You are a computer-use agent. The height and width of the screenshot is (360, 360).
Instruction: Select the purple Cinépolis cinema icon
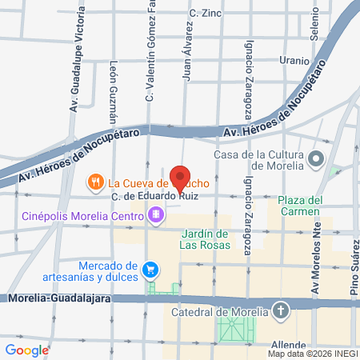tap(154, 214)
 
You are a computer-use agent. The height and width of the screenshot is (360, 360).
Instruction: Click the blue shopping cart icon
tap(149, 270)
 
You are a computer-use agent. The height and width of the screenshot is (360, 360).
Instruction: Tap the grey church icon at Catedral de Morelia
tap(281, 311)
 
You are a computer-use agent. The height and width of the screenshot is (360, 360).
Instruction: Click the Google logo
tap(27, 350)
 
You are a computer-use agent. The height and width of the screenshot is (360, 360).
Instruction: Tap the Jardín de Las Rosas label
tap(205, 239)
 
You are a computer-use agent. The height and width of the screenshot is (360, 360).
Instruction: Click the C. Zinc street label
tap(205, 13)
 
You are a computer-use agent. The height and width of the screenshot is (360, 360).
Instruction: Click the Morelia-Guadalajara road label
tap(54, 298)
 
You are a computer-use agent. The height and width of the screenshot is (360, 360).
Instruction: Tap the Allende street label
tap(290, 346)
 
